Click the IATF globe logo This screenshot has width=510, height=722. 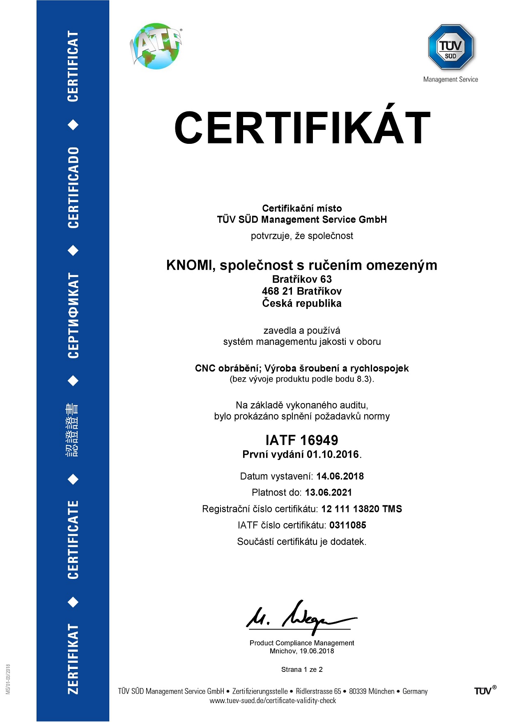[x=156, y=46]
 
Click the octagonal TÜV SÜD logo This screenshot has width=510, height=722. [x=450, y=47]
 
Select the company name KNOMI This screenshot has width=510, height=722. [x=188, y=265]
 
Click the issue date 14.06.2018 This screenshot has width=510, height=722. [x=340, y=476]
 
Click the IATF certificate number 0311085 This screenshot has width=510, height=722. [x=347, y=525]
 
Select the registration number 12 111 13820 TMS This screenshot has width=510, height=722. [x=361, y=509]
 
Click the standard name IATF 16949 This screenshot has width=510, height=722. [x=302, y=440]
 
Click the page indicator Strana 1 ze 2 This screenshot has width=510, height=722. [x=302, y=669]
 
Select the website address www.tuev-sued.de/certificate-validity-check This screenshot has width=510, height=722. [x=273, y=701]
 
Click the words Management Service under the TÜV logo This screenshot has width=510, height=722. [x=450, y=79]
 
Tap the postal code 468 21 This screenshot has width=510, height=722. [x=277, y=291]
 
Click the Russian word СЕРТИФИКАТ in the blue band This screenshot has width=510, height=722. [x=73, y=316]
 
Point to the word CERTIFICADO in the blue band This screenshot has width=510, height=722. [x=73, y=187]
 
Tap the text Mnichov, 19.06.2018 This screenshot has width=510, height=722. [x=302, y=651]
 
